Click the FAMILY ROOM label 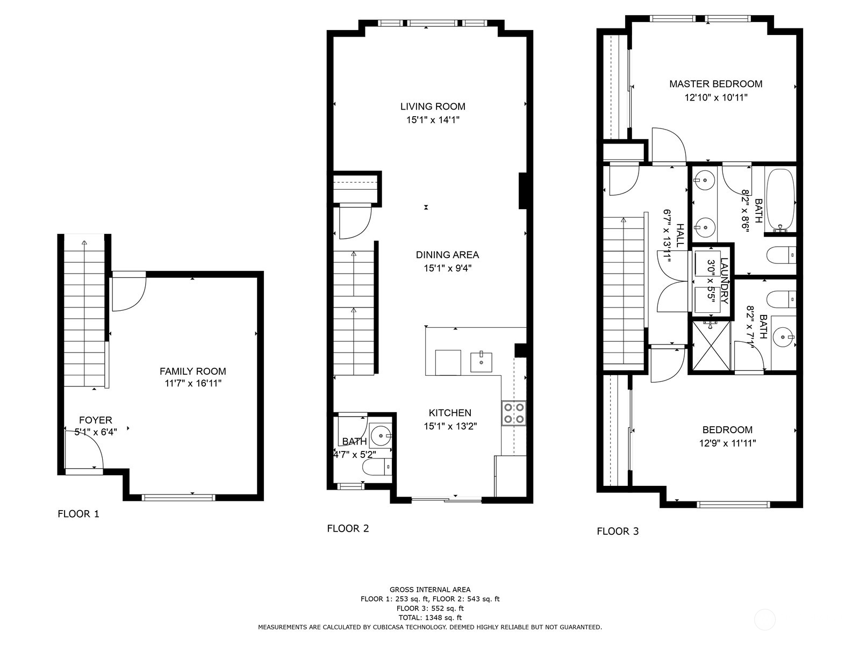[x=192, y=371]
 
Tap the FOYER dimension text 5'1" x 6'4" [x=96, y=431]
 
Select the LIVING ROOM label [x=433, y=106]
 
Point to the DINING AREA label [x=447, y=255]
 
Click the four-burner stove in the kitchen [x=514, y=413]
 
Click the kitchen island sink [x=481, y=362]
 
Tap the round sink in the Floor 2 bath [x=381, y=434]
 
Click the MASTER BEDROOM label [x=715, y=84]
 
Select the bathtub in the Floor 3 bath [x=780, y=199]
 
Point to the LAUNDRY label [x=723, y=282]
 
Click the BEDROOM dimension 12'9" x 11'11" [x=727, y=443]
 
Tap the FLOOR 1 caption [x=78, y=514]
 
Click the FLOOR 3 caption [x=618, y=531]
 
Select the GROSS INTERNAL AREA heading [x=430, y=590]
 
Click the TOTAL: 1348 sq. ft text [x=430, y=618]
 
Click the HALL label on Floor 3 [x=680, y=235]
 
